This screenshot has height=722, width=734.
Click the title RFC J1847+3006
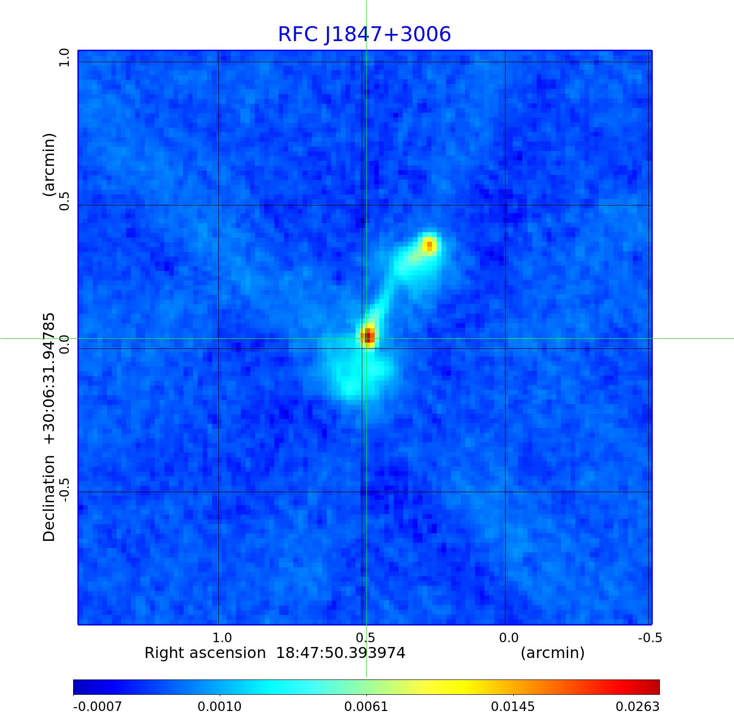[x=364, y=34]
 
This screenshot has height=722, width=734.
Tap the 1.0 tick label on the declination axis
[x=64, y=59]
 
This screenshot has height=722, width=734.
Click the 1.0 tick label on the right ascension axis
[x=222, y=637]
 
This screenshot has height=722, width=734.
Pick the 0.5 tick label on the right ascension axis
[x=365, y=637]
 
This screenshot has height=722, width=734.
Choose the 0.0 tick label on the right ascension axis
[x=508, y=637]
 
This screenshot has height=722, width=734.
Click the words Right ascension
[x=205, y=653]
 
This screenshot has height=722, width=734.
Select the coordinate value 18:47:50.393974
[x=341, y=653]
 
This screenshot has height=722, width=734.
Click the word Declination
[x=49, y=498]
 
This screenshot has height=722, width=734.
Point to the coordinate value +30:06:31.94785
[x=49, y=377]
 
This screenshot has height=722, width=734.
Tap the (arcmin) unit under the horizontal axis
[x=552, y=653]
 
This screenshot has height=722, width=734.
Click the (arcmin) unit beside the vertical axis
[x=49, y=165]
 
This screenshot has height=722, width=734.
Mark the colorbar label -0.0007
[x=97, y=706]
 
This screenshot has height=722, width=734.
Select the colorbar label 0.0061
[x=367, y=706]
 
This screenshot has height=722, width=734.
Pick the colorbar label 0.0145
[x=513, y=706]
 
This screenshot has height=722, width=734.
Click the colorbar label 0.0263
[x=637, y=706]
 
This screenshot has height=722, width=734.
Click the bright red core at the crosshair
[x=367, y=336]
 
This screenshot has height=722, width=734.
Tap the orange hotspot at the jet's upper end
[x=429, y=246]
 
